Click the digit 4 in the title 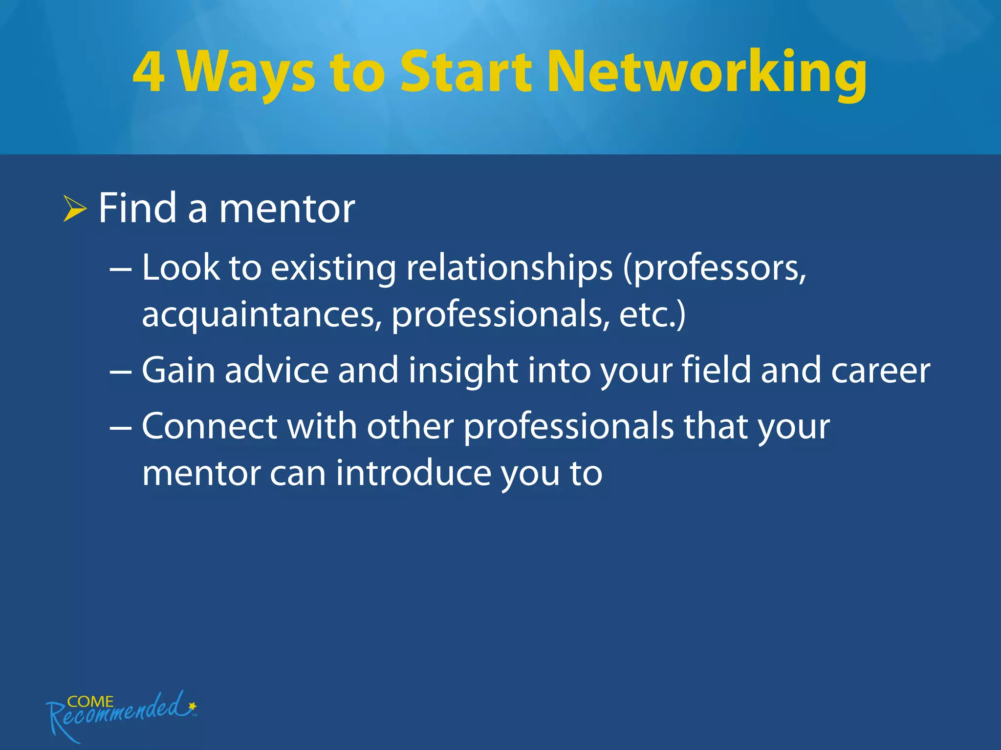coord(149,72)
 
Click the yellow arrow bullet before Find coord(74,208)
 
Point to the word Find coord(137,208)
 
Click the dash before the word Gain coord(121,372)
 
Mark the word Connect coord(209,426)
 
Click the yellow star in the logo coord(193,706)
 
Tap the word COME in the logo coord(90,702)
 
